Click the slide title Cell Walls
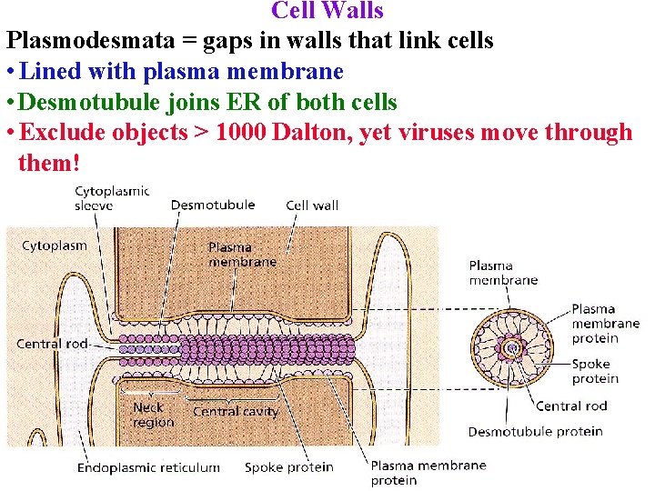click(x=327, y=11)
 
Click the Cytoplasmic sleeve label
click(x=111, y=198)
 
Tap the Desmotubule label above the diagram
click(x=212, y=205)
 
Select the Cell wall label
click(x=312, y=205)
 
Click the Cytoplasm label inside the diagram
click(x=55, y=245)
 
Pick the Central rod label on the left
click(x=51, y=344)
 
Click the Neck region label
click(x=153, y=416)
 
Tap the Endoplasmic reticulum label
click(x=148, y=467)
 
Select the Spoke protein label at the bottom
click(x=288, y=467)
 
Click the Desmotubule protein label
click(x=535, y=432)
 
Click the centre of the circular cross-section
click(x=512, y=347)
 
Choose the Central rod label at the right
click(x=570, y=406)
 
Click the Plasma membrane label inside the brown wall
click(x=242, y=254)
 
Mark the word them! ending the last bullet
click(x=49, y=165)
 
